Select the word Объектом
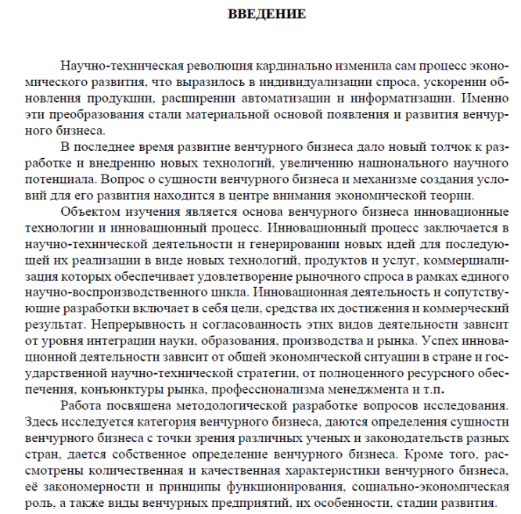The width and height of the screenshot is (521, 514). [x=85, y=211]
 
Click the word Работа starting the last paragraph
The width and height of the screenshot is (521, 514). [x=80, y=404]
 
